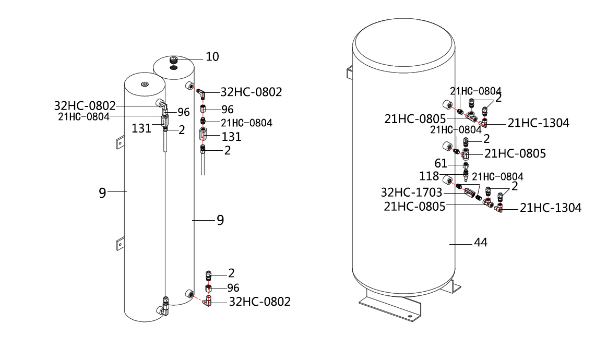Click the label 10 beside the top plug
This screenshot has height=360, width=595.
(x=212, y=56)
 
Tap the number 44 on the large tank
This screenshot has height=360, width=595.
(x=480, y=243)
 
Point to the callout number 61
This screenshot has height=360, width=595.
(x=442, y=163)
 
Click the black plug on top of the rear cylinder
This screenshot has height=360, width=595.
(x=174, y=62)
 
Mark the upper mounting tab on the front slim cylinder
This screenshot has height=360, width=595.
(x=120, y=142)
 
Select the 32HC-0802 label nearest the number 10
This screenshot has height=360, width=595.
(x=252, y=92)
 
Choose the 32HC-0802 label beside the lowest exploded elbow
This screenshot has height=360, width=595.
(x=260, y=302)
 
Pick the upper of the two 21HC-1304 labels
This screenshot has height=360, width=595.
(x=538, y=123)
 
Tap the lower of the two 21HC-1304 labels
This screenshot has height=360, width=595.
(x=551, y=208)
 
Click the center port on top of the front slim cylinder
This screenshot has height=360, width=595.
(x=145, y=85)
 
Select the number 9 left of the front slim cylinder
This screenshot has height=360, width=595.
(x=103, y=193)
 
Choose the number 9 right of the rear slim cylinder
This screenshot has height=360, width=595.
(x=220, y=220)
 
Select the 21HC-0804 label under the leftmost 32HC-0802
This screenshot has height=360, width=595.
(x=84, y=117)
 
